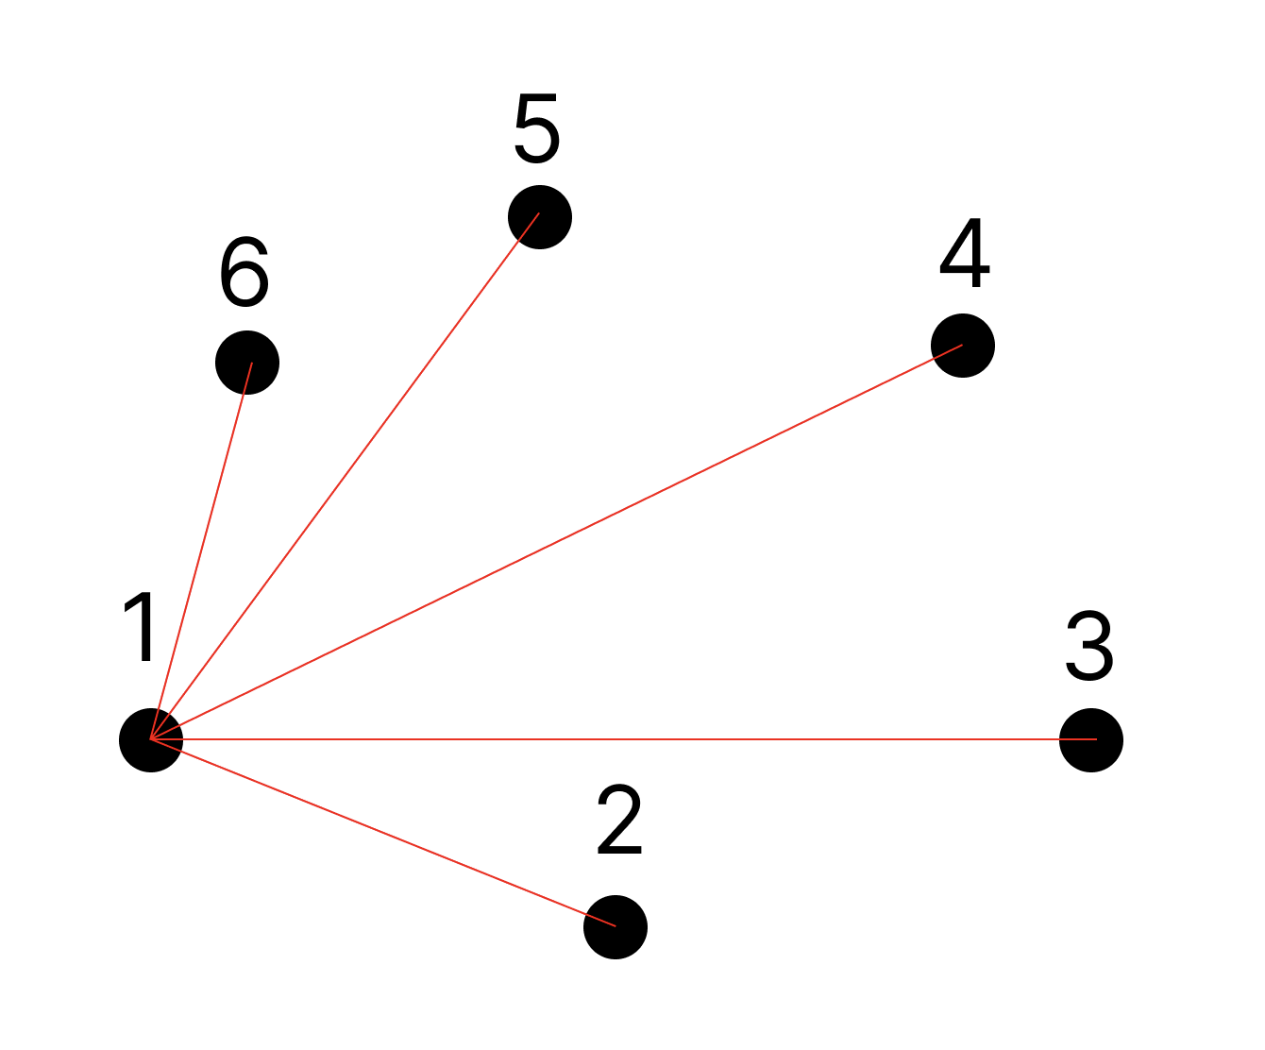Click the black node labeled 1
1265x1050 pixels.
(151, 739)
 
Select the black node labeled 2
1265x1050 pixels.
(616, 926)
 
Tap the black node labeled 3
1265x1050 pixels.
(1091, 739)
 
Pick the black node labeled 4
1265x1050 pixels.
(963, 346)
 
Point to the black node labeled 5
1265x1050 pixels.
(540, 217)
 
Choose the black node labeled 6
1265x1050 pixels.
(247, 363)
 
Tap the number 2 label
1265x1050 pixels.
(620, 821)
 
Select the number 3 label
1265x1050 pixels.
(1089, 646)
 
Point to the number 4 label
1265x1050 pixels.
(965, 255)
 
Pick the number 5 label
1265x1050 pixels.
(537, 127)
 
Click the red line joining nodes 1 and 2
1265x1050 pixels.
(383, 833)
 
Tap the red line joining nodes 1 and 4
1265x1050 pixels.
(557, 542)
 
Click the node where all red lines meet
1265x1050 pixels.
(151, 739)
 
